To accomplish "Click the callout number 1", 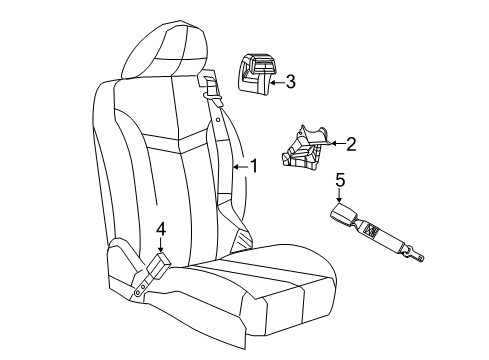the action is [x=253, y=166].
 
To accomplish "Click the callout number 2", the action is [x=351, y=143].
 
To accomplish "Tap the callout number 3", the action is [x=291, y=83].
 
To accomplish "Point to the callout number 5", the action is [x=339, y=180].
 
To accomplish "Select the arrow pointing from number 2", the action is [x=335, y=144].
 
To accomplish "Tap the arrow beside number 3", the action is [x=274, y=83].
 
